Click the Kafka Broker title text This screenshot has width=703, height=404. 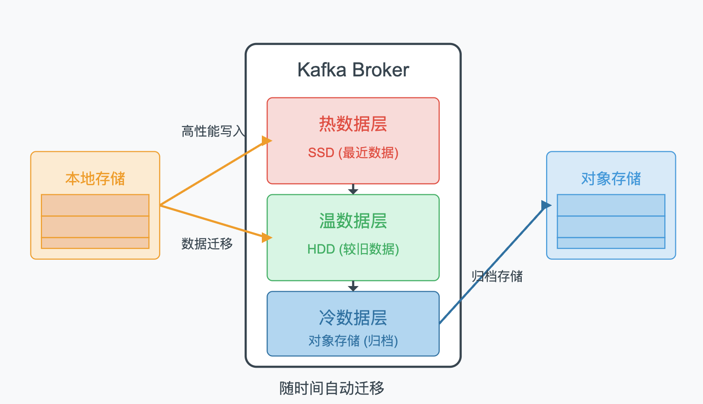click(x=353, y=70)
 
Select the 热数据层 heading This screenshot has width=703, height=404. click(x=353, y=124)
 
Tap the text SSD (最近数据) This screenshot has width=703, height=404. click(x=353, y=153)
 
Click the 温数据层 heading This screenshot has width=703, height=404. click(x=353, y=221)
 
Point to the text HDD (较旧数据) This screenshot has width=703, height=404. click(x=353, y=249)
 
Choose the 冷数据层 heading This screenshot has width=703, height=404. click(x=353, y=318)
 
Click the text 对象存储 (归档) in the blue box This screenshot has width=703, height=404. click(x=353, y=341)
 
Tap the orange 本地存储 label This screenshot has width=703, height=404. click(x=95, y=179)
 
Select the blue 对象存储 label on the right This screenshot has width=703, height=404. click(x=611, y=179)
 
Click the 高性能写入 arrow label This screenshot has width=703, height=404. click(x=213, y=131)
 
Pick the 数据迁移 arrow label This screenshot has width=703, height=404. click(x=207, y=244)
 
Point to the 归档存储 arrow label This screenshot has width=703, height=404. click(x=497, y=276)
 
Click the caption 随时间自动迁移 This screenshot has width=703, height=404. click(x=331, y=388)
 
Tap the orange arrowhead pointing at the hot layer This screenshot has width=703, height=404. click(x=267, y=141)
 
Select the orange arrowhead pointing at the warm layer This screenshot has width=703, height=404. click(x=267, y=237)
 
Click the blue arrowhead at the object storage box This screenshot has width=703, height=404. click(x=546, y=206)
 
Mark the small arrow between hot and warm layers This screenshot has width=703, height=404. click(x=353, y=190)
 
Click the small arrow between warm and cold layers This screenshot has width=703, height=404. click(x=353, y=287)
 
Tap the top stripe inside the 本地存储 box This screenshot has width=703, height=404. click(x=95, y=205)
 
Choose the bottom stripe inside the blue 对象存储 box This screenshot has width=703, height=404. click(x=611, y=243)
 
